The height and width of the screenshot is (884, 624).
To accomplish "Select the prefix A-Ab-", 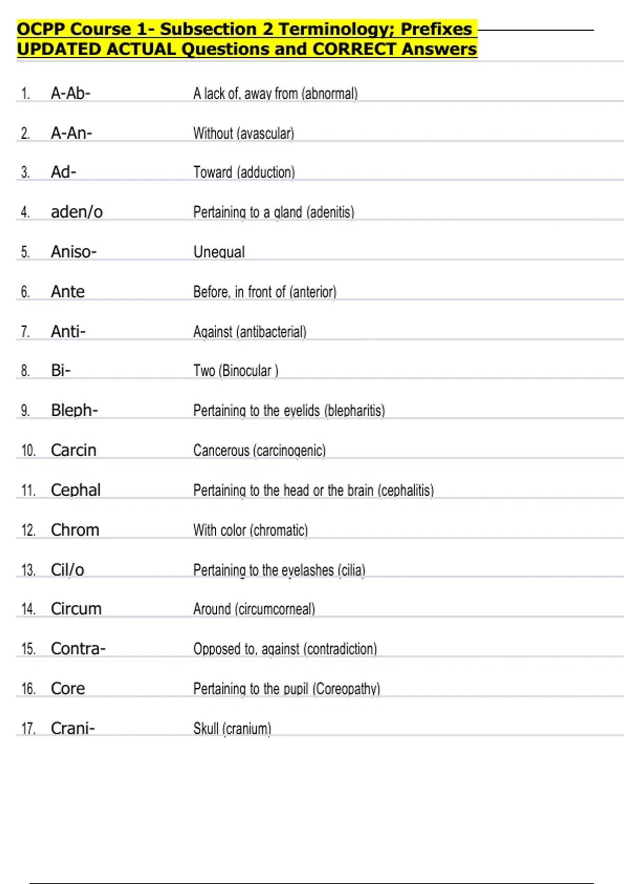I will (x=71, y=94).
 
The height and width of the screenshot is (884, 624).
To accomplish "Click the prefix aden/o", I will (x=77, y=212).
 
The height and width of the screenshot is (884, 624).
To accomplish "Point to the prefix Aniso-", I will (x=74, y=252).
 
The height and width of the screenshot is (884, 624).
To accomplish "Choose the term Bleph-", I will (x=74, y=411).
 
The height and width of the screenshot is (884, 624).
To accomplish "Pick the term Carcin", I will (x=73, y=450).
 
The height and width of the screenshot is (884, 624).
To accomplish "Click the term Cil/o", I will (x=68, y=570).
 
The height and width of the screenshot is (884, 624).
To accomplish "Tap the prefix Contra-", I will (x=78, y=649).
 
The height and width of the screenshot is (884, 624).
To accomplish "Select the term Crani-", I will (x=73, y=729).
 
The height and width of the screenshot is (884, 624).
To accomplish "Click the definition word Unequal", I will (x=219, y=252).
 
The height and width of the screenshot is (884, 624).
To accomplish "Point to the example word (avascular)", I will (x=265, y=134).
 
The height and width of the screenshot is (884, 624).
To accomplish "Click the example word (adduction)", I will (x=266, y=173).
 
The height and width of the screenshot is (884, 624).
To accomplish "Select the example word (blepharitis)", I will (x=355, y=411).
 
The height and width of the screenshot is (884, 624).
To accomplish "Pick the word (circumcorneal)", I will (x=275, y=609).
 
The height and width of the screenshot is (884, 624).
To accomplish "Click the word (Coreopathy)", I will (x=346, y=689).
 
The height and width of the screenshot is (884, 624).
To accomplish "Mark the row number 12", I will (x=28, y=530).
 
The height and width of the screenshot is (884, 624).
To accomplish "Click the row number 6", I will (x=25, y=292).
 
